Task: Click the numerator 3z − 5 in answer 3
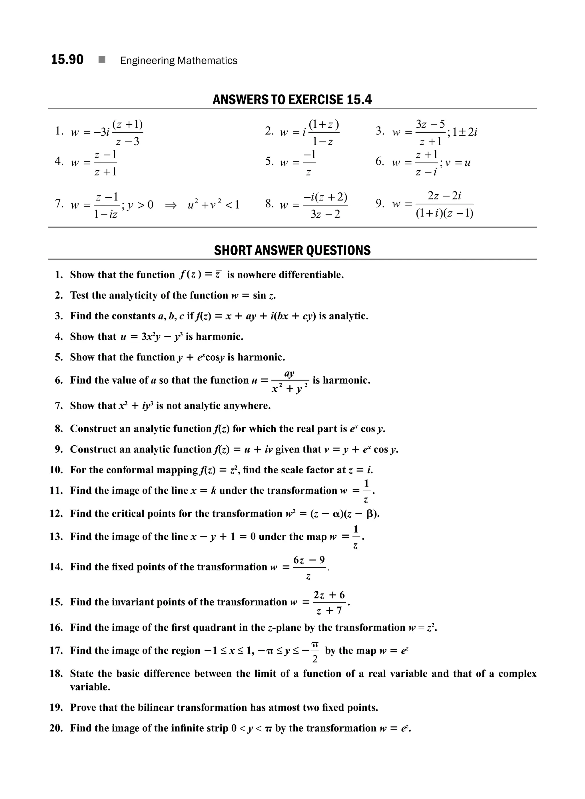430,124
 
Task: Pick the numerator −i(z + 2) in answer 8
325,197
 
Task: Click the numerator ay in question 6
289,374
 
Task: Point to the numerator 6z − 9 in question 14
309,560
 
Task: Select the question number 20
56,728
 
